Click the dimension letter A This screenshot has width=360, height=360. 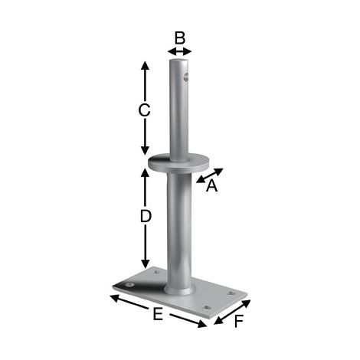pos(212,185)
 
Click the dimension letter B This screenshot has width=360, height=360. pos(180,38)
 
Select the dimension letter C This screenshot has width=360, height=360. pos(144,111)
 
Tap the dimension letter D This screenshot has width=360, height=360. pos(146,217)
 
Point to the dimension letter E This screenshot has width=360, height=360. pos(158,314)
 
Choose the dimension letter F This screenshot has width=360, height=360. pos(239,321)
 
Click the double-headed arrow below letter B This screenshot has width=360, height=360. pos(179,51)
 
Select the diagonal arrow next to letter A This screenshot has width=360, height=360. pos(210,175)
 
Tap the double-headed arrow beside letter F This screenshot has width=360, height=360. pos(232,312)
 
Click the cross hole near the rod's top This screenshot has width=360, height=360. pos(186,77)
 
